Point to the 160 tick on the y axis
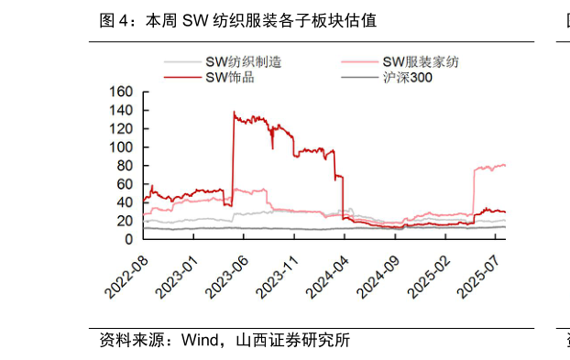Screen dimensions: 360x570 [x=121, y=92]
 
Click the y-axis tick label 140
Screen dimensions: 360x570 [x=121, y=110]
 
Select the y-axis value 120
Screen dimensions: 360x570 [x=121, y=128]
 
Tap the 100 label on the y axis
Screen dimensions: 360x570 [x=121, y=147]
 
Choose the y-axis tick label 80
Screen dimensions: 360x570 [x=126, y=165]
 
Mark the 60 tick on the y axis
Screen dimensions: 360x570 [x=126, y=183]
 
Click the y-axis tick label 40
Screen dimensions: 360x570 [x=126, y=202]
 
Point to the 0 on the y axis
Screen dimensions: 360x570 [x=129, y=239]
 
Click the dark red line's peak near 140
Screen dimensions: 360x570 [x=235, y=114]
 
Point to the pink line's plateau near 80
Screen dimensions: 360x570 [x=490, y=167]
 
